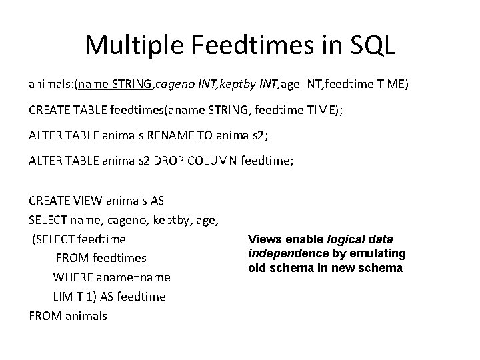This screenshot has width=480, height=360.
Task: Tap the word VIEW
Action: [x=87, y=200]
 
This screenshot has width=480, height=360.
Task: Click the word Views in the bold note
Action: [x=263, y=239]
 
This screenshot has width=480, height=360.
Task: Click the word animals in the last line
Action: [x=85, y=315]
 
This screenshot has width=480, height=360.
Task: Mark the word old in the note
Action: [x=257, y=268]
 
